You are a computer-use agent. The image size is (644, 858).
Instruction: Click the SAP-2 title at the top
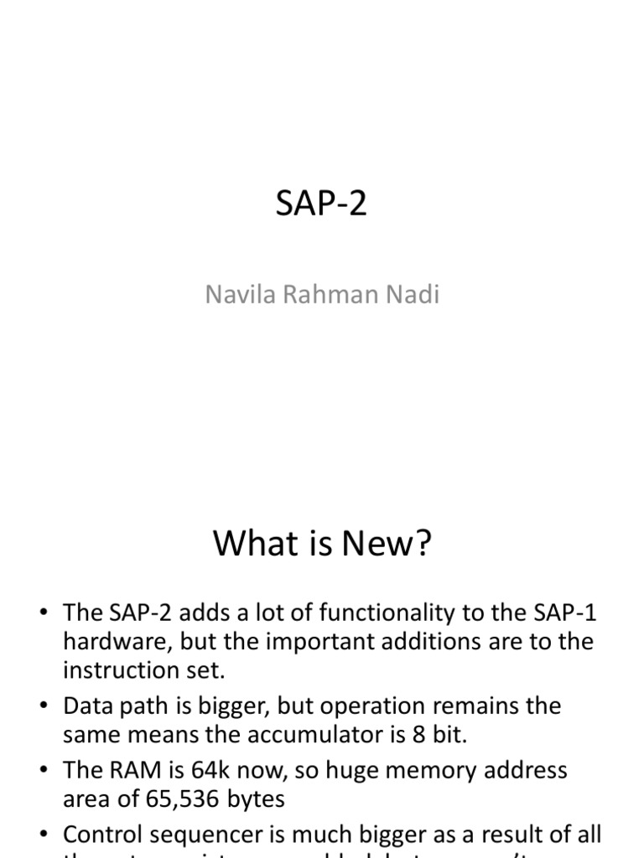(x=321, y=204)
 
